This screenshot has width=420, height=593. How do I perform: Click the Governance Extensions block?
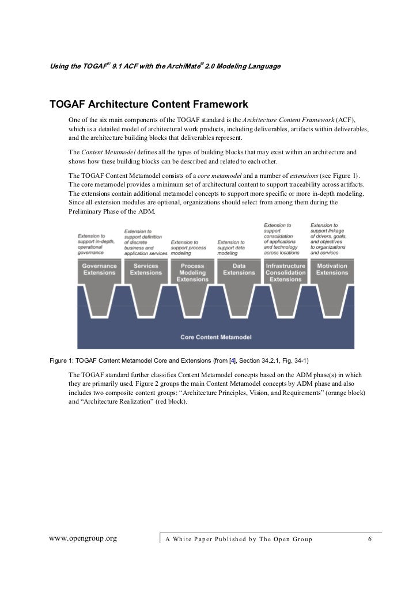99,269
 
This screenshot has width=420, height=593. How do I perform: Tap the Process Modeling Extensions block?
192,272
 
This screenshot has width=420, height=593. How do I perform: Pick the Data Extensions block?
239,269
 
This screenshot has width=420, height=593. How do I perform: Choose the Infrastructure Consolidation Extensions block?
286,272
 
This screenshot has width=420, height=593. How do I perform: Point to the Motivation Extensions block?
332,269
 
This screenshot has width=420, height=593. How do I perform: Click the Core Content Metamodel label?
215,337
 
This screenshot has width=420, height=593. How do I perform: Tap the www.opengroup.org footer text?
84,539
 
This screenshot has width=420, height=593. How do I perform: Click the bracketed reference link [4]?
232,362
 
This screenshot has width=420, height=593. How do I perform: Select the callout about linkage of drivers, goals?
332,239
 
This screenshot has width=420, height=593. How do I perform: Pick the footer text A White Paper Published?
239,539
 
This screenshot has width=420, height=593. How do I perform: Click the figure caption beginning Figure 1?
179,362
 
